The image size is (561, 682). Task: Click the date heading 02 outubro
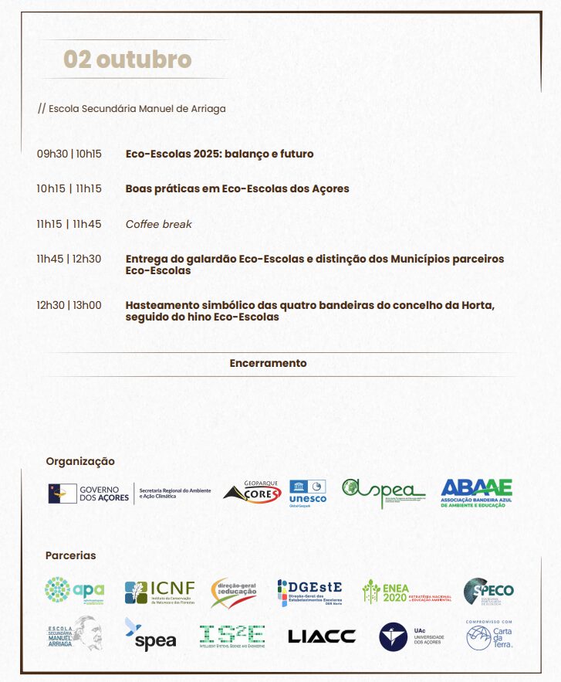coord(127,59)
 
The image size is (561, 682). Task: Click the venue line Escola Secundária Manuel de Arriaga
coord(132,109)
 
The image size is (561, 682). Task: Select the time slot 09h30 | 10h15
coord(69,154)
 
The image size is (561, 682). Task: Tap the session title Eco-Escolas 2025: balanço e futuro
coord(219,154)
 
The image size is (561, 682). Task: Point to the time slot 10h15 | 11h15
coord(69,188)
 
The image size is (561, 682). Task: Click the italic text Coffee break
coord(158,224)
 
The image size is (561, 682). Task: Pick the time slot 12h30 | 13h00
coord(69,305)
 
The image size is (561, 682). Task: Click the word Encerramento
coord(268,363)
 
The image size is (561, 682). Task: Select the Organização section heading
coord(80,461)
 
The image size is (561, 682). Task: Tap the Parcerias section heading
coord(71,555)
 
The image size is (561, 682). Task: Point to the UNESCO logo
coord(308,492)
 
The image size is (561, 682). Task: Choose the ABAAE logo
coord(476,493)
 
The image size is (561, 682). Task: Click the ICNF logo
coord(160,592)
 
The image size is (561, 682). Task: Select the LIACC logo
coord(322,636)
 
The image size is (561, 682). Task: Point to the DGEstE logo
coord(309,592)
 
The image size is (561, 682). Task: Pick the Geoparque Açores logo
coord(252,492)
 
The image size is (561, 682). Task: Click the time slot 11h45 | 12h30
coord(69,259)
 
